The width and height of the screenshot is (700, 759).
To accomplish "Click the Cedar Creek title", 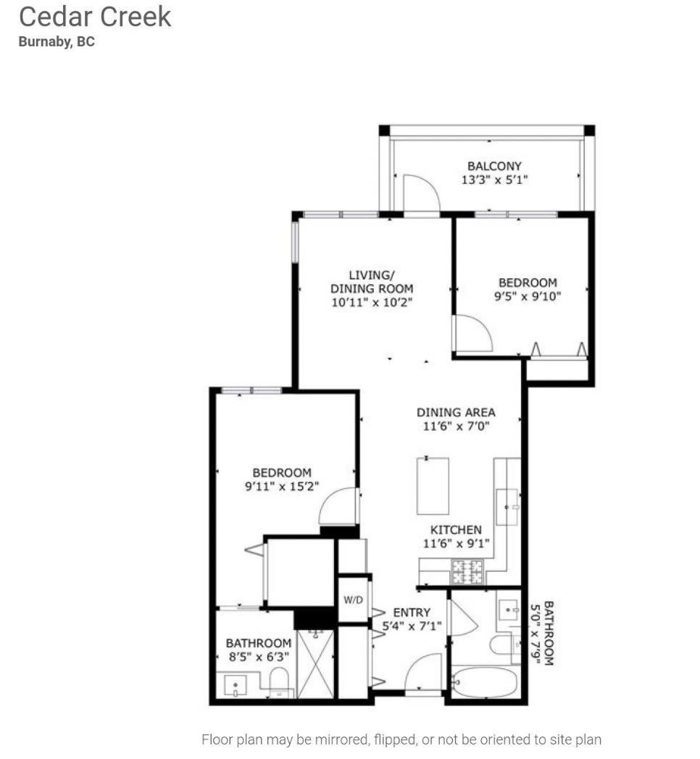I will [x=95, y=16].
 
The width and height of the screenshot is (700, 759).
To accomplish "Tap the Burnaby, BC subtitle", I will [x=57, y=41].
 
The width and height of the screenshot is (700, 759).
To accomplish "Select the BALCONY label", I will [x=494, y=166].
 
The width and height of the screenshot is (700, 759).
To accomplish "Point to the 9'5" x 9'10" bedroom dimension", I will [x=528, y=295].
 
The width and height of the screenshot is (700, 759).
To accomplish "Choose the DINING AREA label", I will [x=456, y=412].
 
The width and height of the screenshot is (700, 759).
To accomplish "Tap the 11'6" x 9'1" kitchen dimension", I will [x=456, y=543].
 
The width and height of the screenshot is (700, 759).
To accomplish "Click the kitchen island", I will [x=433, y=486].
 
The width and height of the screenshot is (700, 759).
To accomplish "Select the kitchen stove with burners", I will [x=467, y=573].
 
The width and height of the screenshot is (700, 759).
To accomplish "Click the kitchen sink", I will [x=507, y=507].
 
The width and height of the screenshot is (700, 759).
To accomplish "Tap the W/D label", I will [x=354, y=600].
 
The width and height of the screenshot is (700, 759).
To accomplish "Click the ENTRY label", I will [x=412, y=613].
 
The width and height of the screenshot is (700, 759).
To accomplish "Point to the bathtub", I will [x=484, y=682].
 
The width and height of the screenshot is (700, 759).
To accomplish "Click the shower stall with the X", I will [x=315, y=664].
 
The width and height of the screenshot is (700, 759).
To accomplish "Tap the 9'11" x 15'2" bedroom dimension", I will [x=282, y=487].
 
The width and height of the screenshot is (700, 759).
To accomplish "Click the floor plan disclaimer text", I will [x=401, y=739].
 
